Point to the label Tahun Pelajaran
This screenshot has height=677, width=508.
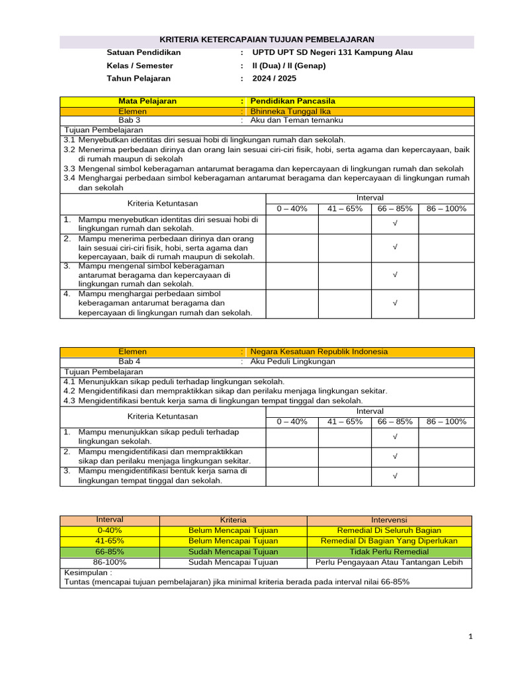click(x=138, y=78)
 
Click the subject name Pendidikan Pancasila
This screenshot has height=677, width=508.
click(x=293, y=101)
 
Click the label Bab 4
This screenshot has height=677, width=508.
click(x=129, y=362)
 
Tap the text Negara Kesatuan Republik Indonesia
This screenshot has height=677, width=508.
click(x=319, y=352)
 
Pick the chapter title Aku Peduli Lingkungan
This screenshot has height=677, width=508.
click(x=293, y=362)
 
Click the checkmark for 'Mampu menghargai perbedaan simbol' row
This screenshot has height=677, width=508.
click(x=395, y=303)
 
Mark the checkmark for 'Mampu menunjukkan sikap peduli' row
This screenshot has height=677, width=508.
click(x=395, y=437)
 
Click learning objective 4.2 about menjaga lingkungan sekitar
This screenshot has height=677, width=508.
click(x=225, y=391)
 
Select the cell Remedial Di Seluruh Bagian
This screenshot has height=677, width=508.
click(x=389, y=530)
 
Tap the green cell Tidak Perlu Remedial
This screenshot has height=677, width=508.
click(x=389, y=551)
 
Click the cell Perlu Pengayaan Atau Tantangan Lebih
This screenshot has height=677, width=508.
click(x=389, y=562)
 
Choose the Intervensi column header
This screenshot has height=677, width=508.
click(x=389, y=520)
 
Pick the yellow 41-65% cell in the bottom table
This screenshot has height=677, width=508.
click(x=110, y=541)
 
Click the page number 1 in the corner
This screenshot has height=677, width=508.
click(x=470, y=637)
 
